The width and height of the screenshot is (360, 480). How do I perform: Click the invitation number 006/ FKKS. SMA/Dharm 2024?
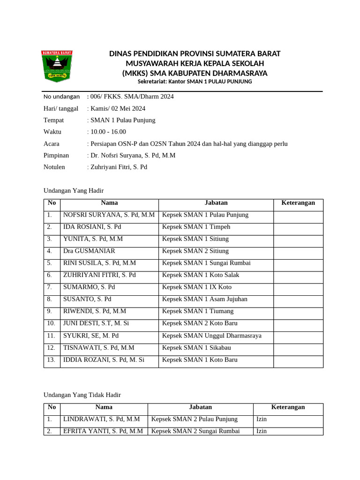click(x=132, y=97)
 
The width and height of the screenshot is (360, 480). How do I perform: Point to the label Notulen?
click(x=54, y=167)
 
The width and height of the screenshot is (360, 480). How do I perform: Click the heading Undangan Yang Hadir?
click(x=73, y=191)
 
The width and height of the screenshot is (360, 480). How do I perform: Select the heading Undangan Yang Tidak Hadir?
click(x=82, y=395)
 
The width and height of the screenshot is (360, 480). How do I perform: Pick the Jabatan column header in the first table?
click(x=216, y=203)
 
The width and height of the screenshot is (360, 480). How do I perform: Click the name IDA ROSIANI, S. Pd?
click(x=92, y=227)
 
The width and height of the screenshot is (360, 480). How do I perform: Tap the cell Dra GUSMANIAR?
click(x=89, y=251)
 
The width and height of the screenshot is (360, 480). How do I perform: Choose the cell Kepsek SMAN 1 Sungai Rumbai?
click(x=206, y=263)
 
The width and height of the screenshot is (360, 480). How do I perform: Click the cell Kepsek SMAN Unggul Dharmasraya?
click(x=212, y=336)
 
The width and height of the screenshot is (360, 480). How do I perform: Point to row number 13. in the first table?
click(x=52, y=360)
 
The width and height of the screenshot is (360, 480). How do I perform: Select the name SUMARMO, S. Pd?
click(x=89, y=287)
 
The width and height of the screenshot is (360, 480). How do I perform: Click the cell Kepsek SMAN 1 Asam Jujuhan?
click(x=205, y=299)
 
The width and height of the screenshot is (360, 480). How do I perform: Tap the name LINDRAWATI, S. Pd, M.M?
click(x=102, y=419)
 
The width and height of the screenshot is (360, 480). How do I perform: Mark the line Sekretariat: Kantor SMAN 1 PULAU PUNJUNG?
click(x=195, y=82)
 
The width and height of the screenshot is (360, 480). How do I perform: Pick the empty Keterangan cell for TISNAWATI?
click(x=298, y=348)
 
